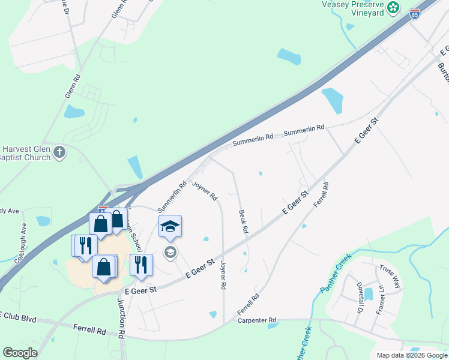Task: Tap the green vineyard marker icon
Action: [x=393, y=7]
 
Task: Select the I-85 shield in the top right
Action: [x=415, y=13]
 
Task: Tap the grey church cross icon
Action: [x=59, y=152]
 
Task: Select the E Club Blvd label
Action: [x=18, y=316]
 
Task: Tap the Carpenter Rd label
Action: [x=256, y=320]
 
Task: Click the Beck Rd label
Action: [x=243, y=221]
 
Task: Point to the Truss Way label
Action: [x=389, y=277]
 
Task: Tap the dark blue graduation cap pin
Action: [x=170, y=227]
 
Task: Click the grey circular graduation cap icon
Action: [x=170, y=252]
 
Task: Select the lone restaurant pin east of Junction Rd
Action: [x=141, y=265]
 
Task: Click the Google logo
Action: [x=20, y=353]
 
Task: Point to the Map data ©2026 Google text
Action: [x=411, y=355]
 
